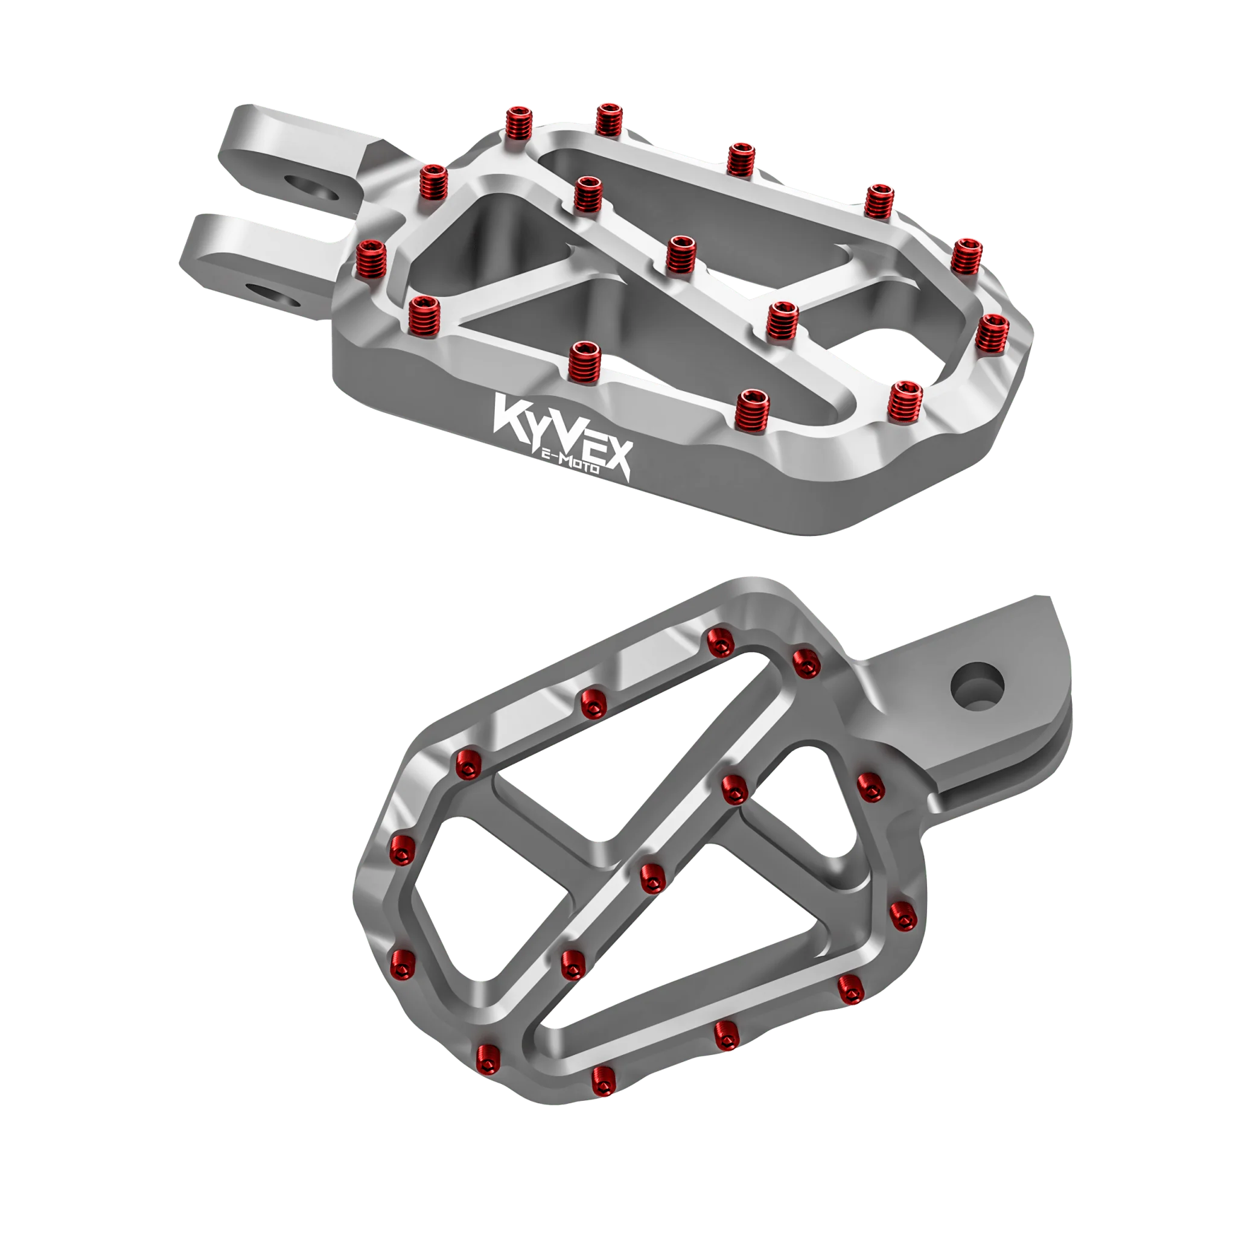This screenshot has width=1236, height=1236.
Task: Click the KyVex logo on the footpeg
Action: [x=562, y=436]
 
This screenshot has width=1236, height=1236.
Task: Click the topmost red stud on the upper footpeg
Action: [x=610, y=119]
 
